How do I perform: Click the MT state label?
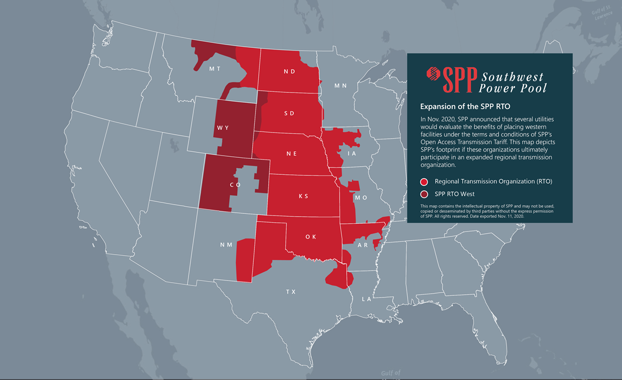point(215,69)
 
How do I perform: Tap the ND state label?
point(290,71)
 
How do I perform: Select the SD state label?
point(290,113)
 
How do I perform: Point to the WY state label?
point(223,128)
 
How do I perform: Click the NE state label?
point(291,154)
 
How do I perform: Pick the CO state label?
point(235,185)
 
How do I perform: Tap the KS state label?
point(303,196)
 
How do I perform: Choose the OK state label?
point(311,237)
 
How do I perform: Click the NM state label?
point(225,245)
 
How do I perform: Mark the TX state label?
point(291,291)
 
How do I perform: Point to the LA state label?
point(366,299)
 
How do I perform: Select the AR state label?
point(363,245)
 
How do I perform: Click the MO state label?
point(361,197)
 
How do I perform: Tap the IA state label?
point(352,154)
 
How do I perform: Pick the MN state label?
point(341,86)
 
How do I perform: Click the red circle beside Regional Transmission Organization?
point(424,181)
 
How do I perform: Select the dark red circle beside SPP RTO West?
point(424,194)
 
